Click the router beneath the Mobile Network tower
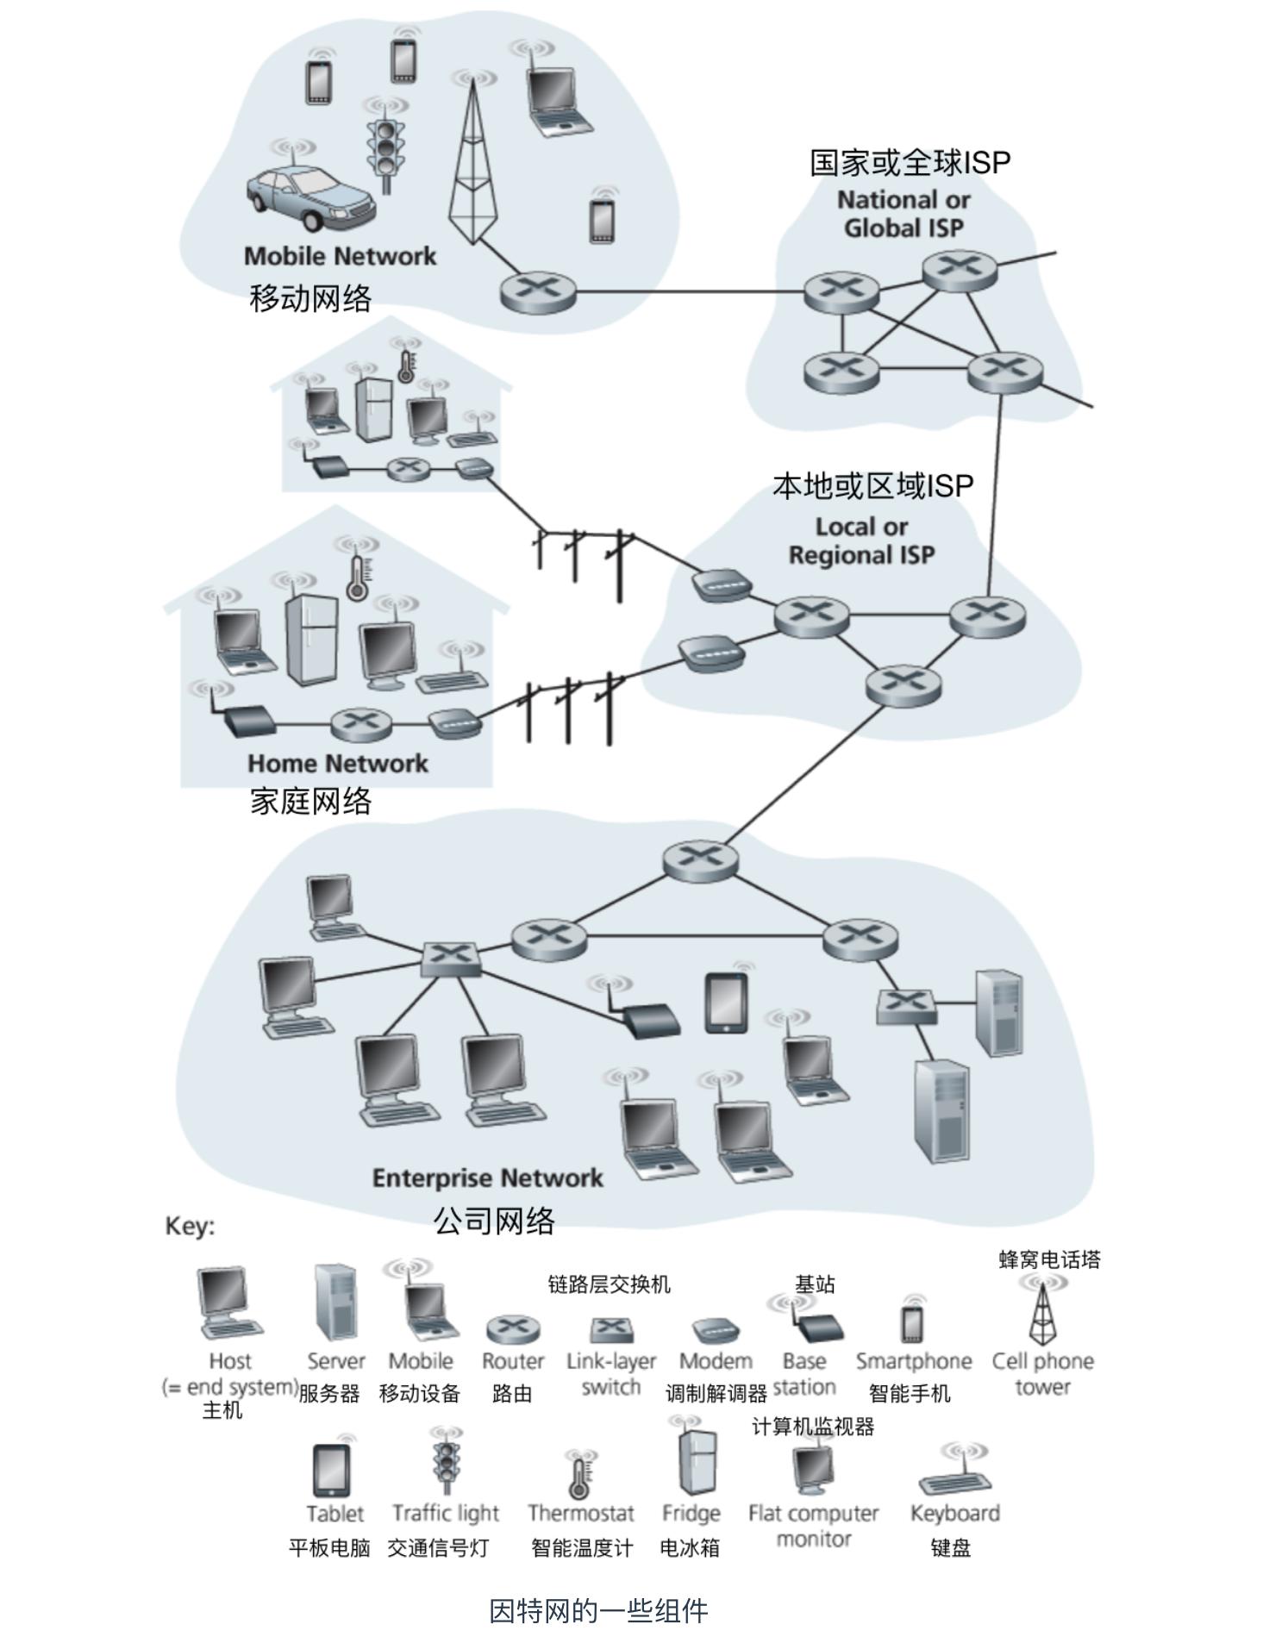click(538, 291)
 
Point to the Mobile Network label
click(340, 256)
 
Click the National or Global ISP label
click(903, 214)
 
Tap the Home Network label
click(337, 763)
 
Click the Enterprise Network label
click(487, 1178)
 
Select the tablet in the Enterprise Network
click(726, 1003)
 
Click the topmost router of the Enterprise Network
click(700, 859)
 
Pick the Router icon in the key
click(513, 1330)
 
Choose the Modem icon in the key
click(715, 1330)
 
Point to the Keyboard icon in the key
click(955, 1481)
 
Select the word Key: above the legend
click(190, 1226)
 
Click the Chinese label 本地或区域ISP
click(872, 486)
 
